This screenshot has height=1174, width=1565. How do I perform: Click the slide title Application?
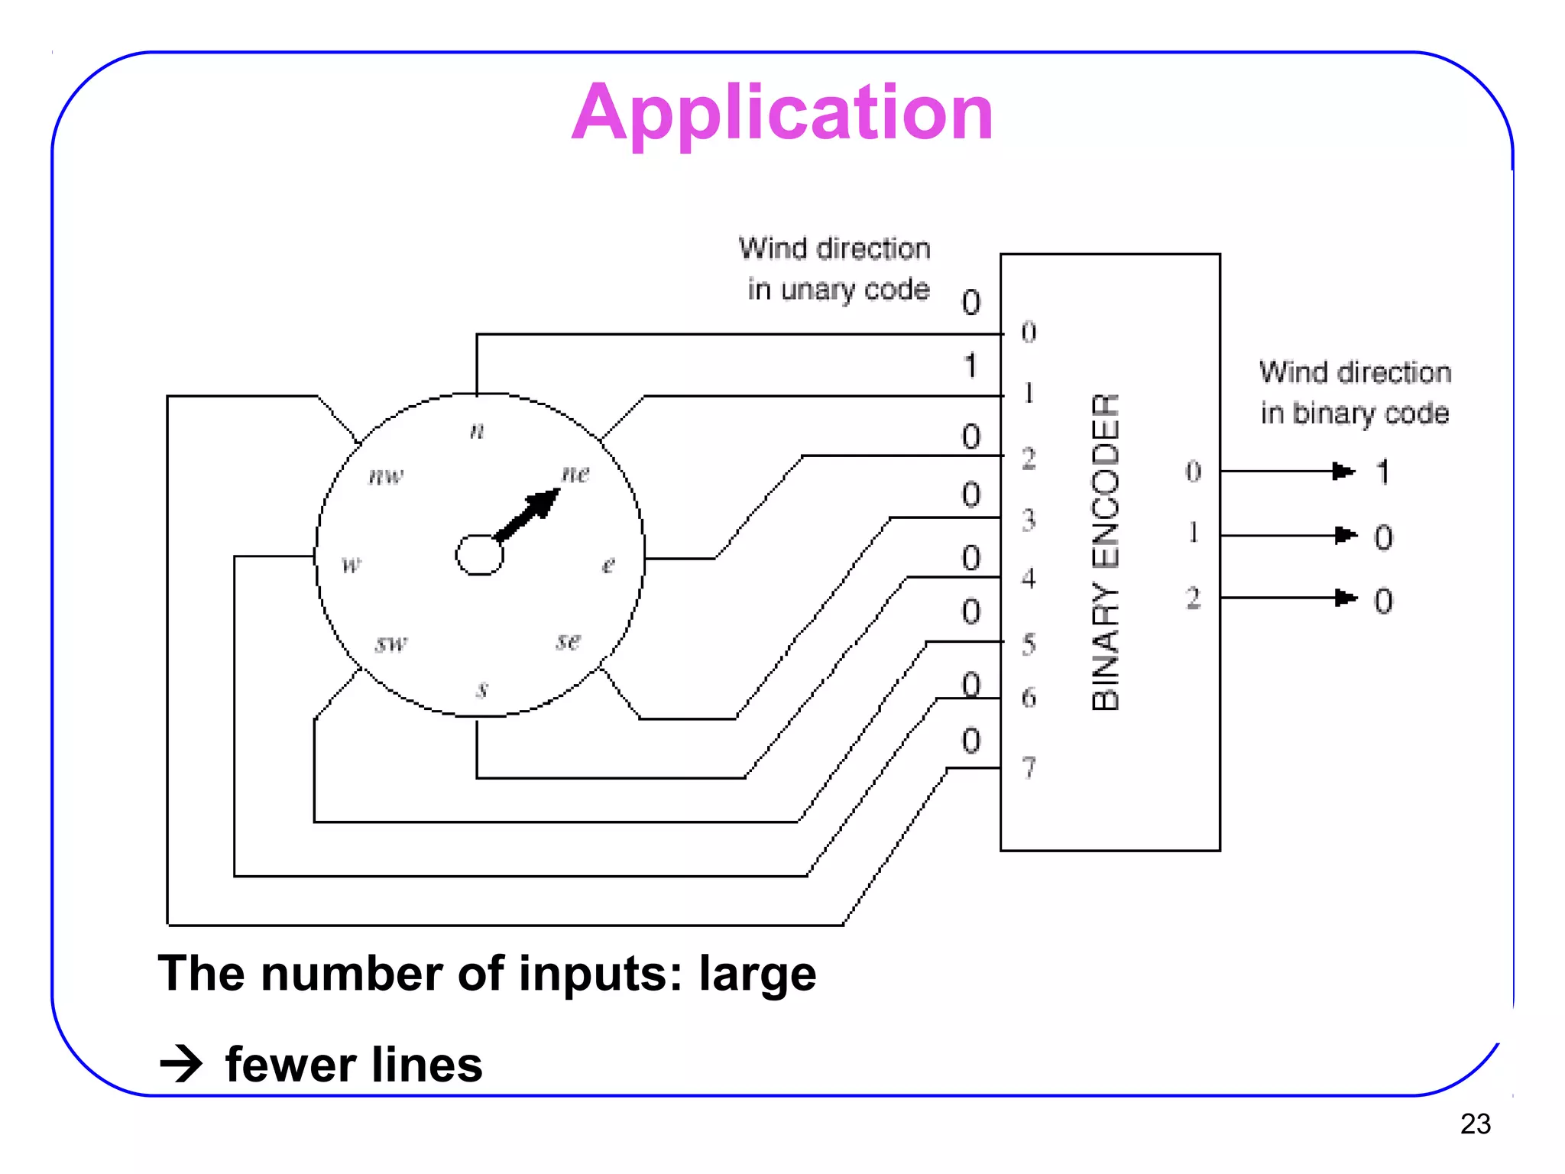pos(782,113)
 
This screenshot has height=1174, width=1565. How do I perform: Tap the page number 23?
pos(1475,1124)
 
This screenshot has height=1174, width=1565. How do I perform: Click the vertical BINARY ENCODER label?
pos(1106,552)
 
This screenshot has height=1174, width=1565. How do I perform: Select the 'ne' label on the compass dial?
pos(575,474)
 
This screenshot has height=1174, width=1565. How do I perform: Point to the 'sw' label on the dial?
pos(391,644)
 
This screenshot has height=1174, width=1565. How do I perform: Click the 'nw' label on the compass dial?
pos(385,476)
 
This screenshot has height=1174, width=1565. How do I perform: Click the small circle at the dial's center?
pos(479,554)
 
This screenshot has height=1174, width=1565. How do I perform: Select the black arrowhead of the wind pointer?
pos(543,505)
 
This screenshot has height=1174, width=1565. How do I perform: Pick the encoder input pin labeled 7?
pos(1029,767)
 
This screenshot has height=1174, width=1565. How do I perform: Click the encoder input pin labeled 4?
pos(1029,579)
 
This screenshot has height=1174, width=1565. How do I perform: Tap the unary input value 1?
pos(970,366)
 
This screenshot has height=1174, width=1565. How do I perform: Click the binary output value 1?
pos(1382,472)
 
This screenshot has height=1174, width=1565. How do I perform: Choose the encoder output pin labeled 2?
pos(1193,598)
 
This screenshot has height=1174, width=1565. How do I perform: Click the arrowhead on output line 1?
pos(1345,535)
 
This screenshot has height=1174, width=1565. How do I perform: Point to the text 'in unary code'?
pos(838,290)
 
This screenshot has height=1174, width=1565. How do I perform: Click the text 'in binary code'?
pos(1354,413)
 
